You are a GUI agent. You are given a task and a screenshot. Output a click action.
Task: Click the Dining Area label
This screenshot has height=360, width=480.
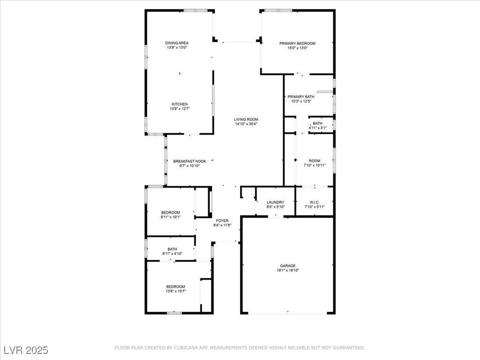pos(177,43)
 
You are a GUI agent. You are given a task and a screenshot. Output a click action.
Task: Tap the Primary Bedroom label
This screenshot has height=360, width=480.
pos(297,44)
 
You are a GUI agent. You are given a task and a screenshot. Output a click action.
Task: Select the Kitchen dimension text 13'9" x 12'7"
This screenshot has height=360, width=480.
pos(180,109)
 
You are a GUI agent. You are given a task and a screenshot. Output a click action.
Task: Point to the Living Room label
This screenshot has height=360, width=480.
pos(246,120)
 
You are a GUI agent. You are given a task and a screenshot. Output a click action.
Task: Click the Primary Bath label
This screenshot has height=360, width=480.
pos(301,97)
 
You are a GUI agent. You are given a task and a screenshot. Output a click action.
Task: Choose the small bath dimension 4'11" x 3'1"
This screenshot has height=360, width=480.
pos(317,128)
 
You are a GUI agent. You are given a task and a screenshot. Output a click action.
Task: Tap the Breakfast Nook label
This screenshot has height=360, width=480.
pos(190,161)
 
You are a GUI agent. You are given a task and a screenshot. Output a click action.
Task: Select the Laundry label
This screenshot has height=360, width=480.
pos(276,202)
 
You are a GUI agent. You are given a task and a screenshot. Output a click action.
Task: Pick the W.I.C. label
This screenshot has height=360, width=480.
pos(315,202)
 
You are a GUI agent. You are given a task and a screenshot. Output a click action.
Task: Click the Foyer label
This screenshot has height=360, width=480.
pos(222,221)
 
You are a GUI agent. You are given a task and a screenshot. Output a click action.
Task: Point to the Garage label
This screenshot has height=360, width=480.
pos(288,266)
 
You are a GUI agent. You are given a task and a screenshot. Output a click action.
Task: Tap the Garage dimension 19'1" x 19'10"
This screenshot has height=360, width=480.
pos(288,270)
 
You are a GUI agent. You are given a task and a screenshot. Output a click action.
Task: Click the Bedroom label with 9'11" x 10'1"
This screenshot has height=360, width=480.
pos(171,212)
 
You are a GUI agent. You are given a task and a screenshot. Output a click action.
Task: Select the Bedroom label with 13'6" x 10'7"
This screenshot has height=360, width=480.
pos(176,287)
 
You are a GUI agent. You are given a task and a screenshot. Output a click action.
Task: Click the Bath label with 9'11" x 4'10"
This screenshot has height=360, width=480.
pos(172,249)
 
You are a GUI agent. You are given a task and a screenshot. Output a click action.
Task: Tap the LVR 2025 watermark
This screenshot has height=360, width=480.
pos(26,350)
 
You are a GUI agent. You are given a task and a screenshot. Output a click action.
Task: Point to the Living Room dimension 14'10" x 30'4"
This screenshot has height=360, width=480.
pos(246,124)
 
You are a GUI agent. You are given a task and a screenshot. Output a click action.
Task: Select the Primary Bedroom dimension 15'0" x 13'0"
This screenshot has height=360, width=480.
pos(297,48)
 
